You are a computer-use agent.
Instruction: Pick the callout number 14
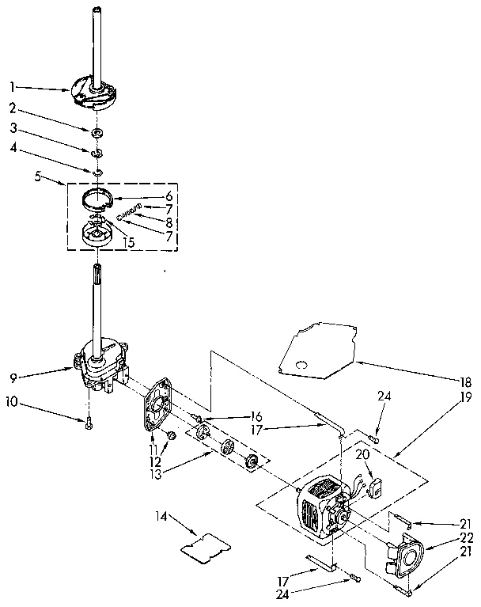[163, 518]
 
